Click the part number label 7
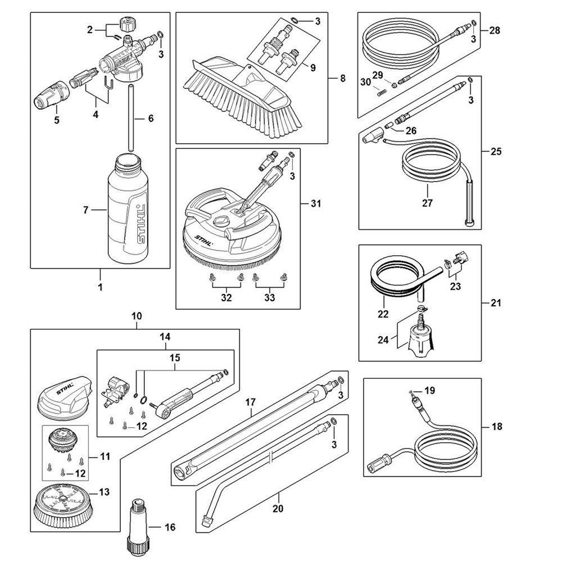[86, 211]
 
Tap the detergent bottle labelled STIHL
[129, 211]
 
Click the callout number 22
[383, 314]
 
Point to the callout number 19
[430, 390]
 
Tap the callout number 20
[277, 510]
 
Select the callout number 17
[251, 402]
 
